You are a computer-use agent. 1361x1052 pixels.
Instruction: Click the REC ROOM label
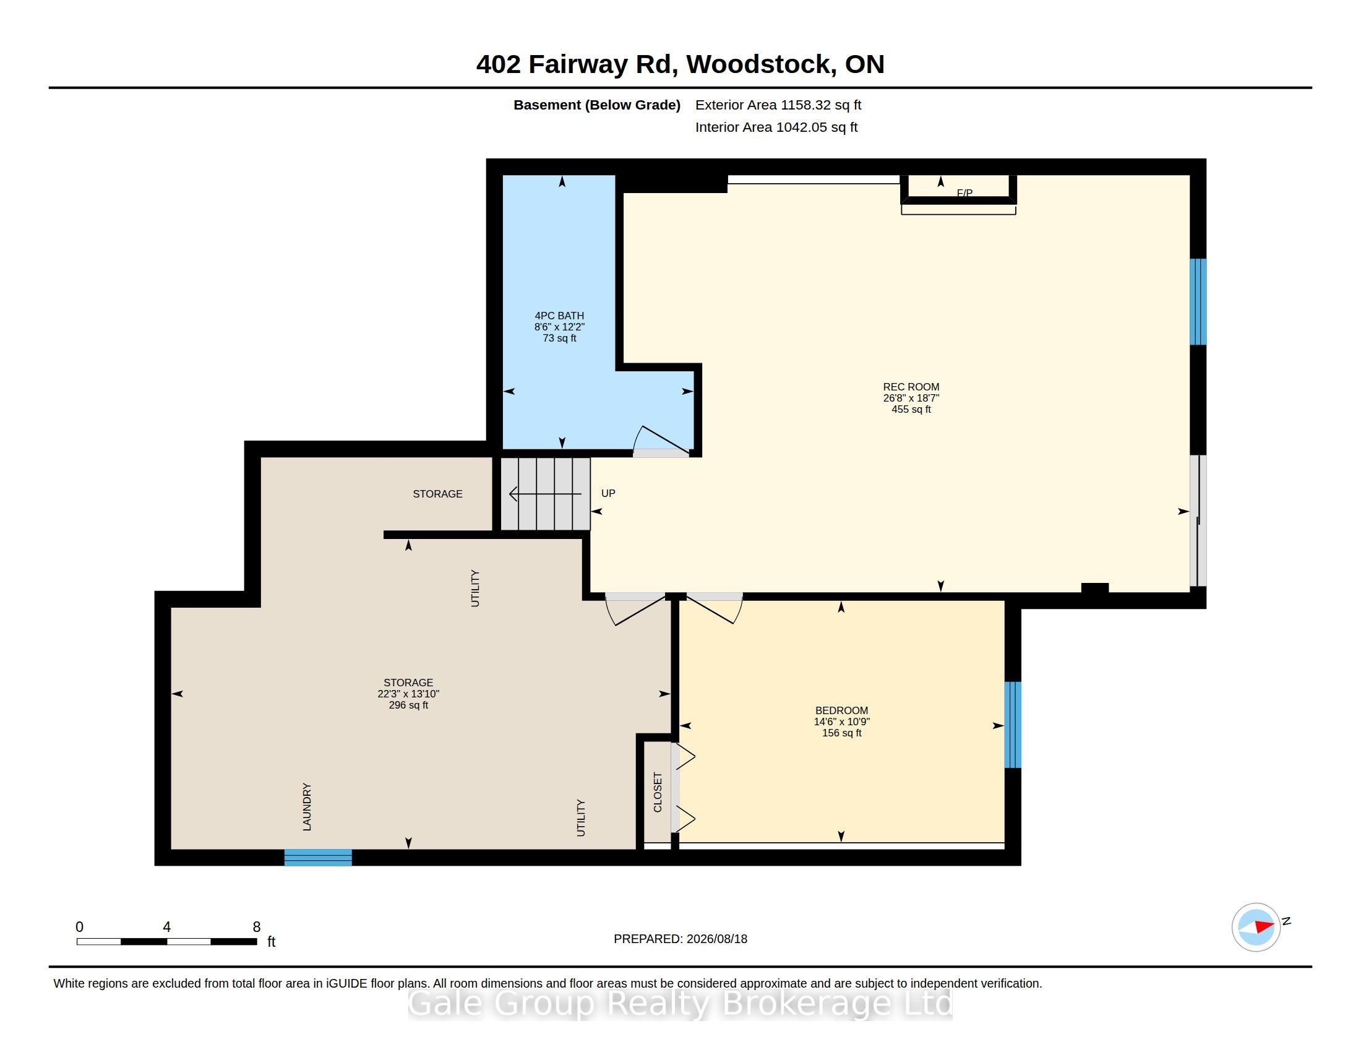(911, 387)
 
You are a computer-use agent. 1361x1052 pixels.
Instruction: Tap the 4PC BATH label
(559, 316)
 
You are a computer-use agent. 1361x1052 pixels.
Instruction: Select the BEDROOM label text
(841, 710)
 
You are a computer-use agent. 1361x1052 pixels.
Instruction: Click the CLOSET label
(658, 792)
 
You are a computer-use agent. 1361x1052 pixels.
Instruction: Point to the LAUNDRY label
(307, 807)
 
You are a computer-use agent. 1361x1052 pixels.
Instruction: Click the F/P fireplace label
(964, 193)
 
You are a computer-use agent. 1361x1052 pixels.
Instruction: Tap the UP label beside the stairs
(608, 493)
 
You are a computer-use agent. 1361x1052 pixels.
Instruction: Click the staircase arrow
(545, 494)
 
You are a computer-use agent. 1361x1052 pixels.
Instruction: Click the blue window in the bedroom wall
(1013, 725)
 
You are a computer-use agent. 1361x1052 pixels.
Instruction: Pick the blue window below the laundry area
(318, 858)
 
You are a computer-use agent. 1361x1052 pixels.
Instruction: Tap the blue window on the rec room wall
(1198, 301)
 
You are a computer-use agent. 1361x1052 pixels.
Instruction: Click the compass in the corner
(1256, 927)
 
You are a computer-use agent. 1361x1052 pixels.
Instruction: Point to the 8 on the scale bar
(256, 927)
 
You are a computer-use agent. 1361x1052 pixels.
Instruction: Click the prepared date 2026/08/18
(716, 939)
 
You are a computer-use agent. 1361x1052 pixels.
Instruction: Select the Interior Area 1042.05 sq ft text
(776, 127)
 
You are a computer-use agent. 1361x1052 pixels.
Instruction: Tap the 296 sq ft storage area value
(408, 705)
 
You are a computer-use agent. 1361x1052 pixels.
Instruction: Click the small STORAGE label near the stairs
(437, 494)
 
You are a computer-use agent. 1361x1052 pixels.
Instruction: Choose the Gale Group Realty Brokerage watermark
(680, 1003)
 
